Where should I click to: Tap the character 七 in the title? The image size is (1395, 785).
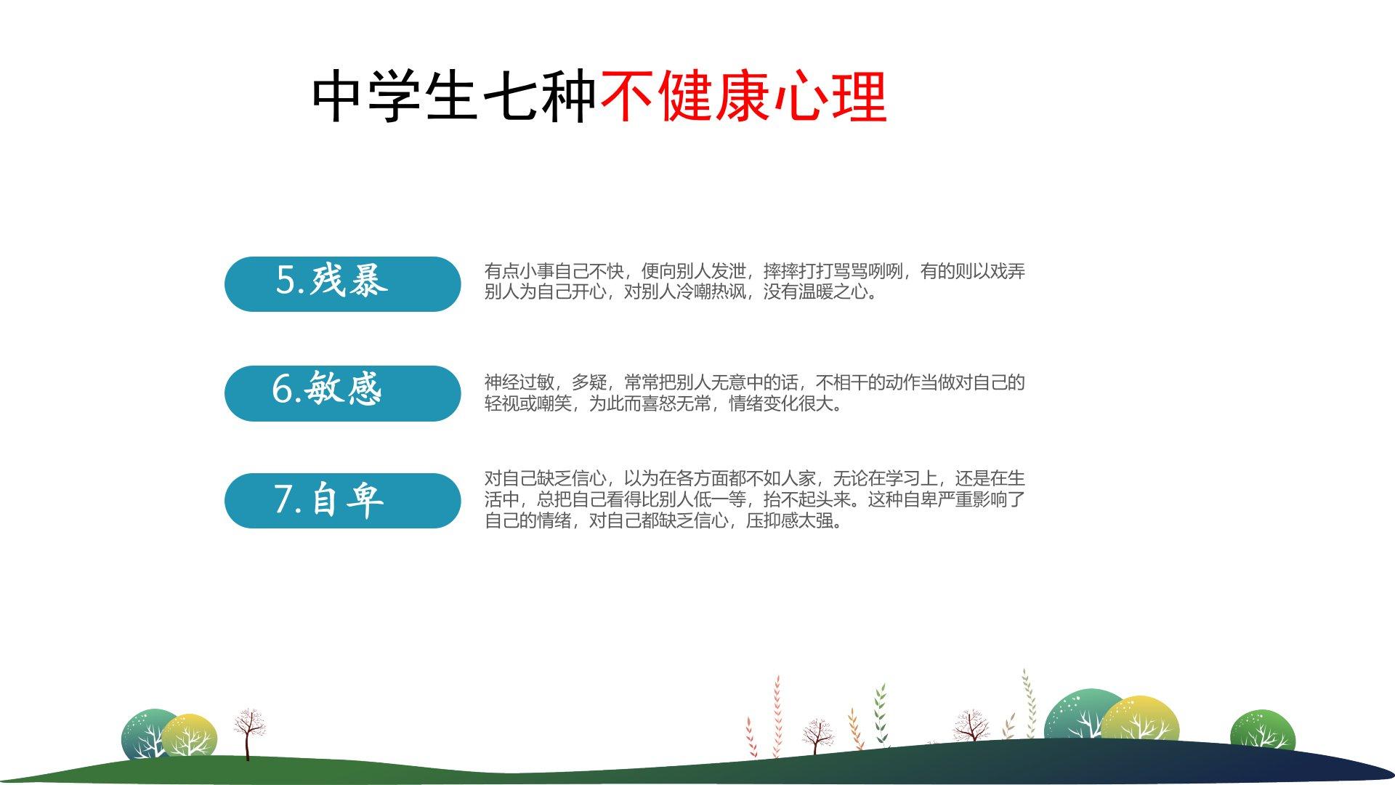(509, 96)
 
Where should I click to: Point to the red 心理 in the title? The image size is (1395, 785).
(830, 96)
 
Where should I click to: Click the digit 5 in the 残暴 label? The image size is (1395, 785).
(286, 280)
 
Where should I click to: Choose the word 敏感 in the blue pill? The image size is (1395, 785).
(343, 387)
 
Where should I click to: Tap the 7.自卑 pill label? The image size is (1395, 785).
(342, 500)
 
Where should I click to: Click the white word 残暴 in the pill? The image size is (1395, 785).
(349, 279)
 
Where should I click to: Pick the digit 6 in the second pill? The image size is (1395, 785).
(282, 389)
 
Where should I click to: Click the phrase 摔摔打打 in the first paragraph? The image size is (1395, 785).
(798, 271)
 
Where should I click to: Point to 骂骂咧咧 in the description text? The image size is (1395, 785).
(868, 271)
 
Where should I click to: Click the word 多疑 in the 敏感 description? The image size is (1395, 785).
(589, 382)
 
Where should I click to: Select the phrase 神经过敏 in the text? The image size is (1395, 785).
(519, 382)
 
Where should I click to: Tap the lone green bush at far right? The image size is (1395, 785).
(1262, 730)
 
